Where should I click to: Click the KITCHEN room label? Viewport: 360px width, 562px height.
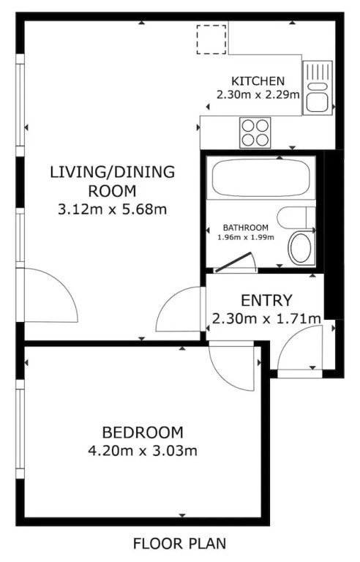click(258, 81)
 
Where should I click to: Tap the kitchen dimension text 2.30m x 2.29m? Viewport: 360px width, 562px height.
click(258, 95)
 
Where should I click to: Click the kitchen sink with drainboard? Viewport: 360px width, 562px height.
click(318, 88)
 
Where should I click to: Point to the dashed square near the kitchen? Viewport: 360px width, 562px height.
click(211, 40)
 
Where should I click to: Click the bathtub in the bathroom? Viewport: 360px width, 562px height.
click(260, 177)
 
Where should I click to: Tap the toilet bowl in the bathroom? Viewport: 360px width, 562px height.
click(301, 247)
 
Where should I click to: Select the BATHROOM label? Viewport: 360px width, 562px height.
click(246, 228)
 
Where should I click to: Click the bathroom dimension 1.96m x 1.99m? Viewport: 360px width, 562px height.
click(246, 237)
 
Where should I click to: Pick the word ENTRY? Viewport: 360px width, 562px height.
click(266, 300)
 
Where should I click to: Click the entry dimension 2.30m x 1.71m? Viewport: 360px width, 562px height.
click(266, 318)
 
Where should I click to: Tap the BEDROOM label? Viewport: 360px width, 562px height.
click(143, 432)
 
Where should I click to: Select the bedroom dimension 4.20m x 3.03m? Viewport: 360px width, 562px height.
click(143, 451)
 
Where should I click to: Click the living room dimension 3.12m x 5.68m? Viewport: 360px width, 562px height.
click(112, 209)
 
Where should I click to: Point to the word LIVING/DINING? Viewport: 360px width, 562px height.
click(112, 172)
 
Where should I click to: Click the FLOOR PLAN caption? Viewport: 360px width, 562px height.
click(180, 544)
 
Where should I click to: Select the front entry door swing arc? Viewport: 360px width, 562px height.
click(287, 340)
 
